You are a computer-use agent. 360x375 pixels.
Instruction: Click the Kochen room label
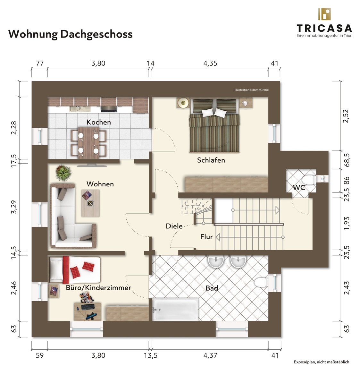(99, 122)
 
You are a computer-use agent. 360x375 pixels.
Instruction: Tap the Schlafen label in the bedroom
(211, 160)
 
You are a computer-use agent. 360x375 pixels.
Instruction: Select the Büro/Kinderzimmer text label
(98, 288)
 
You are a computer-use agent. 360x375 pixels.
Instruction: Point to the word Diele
(174, 226)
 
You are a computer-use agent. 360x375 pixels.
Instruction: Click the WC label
(299, 187)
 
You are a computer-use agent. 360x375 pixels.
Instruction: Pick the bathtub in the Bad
(175, 309)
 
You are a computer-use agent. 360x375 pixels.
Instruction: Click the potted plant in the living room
(63, 173)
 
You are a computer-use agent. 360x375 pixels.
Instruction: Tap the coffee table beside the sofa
(90, 203)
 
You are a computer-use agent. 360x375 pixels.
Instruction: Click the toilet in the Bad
(261, 282)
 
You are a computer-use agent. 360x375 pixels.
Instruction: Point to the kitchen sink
(80, 109)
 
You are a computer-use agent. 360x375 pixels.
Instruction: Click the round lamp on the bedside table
(183, 103)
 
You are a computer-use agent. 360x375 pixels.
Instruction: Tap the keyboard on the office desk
(88, 307)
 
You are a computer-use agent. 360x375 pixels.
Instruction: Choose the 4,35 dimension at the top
(210, 64)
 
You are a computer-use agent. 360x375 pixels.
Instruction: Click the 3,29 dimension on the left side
(14, 207)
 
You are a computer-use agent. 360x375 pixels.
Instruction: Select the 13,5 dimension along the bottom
(151, 355)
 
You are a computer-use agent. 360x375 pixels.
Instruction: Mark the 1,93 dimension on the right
(346, 224)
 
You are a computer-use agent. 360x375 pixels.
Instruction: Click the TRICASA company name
(324, 28)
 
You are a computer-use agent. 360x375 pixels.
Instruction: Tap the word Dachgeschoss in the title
(96, 34)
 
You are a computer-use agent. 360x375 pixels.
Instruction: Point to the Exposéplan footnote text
(322, 362)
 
